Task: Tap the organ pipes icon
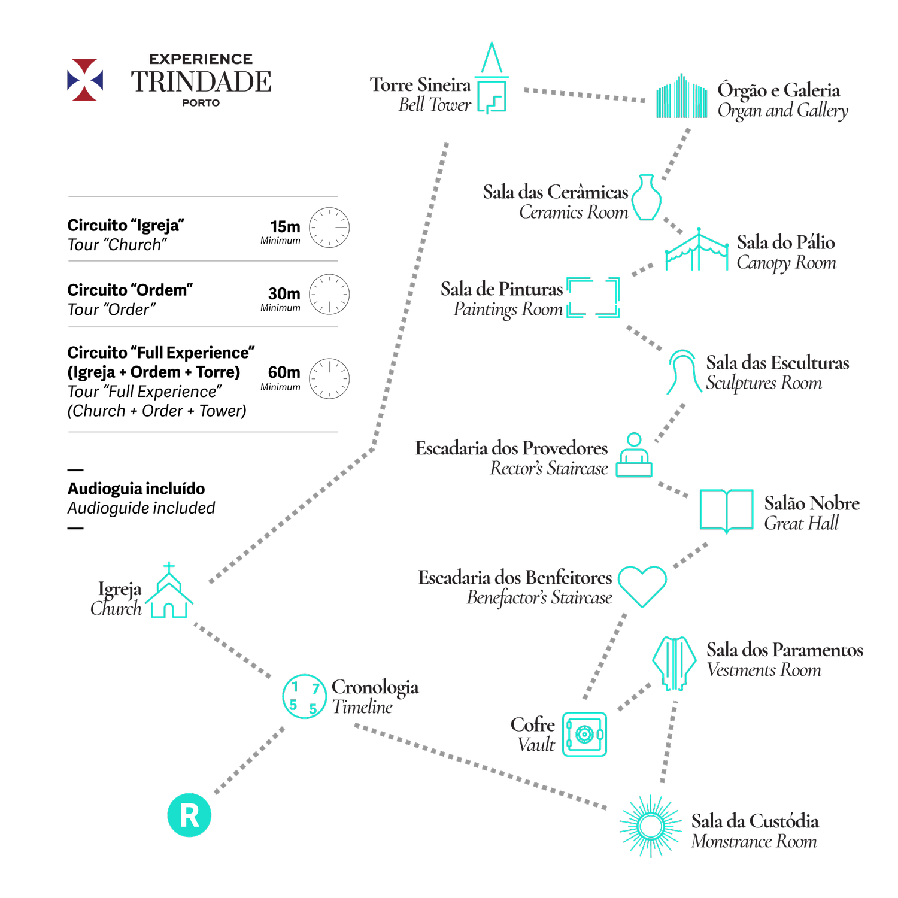click(x=681, y=96)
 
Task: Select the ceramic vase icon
click(x=647, y=198)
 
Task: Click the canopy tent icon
click(x=697, y=250)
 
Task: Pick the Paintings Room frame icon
click(x=593, y=298)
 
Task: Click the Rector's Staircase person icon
click(x=634, y=456)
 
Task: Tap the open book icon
click(x=726, y=510)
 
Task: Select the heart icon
click(x=642, y=585)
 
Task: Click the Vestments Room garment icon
click(x=674, y=663)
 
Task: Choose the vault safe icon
click(x=584, y=734)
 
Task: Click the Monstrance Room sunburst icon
click(x=650, y=826)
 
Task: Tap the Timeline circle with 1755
click(x=304, y=696)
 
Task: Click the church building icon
click(x=169, y=593)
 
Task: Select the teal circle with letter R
click(x=189, y=815)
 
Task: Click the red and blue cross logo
click(x=85, y=80)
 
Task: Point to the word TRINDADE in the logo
click(x=201, y=82)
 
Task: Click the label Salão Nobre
click(x=811, y=503)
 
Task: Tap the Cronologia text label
click(x=375, y=687)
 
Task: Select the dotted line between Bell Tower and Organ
click(x=585, y=95)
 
